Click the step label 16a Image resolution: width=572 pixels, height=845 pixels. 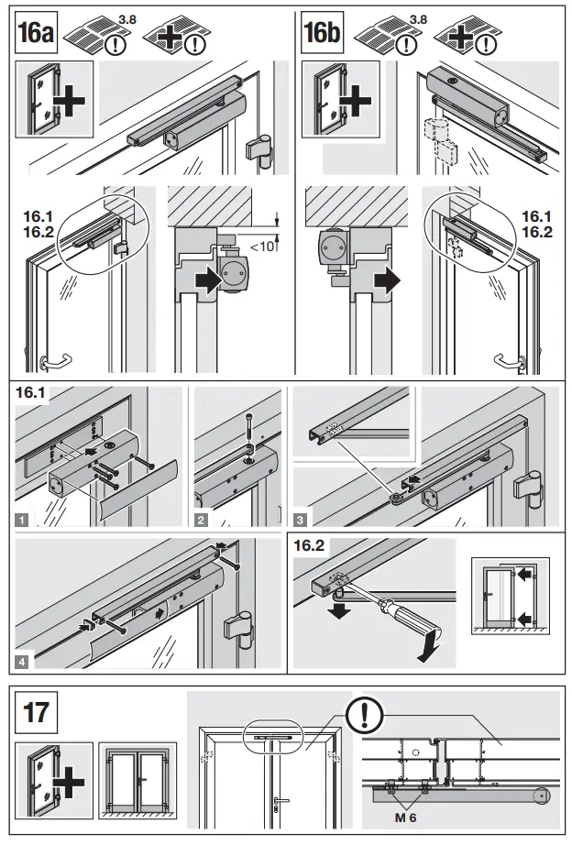click(37, 36)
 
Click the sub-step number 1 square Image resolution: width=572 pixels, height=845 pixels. click(21, 520)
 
